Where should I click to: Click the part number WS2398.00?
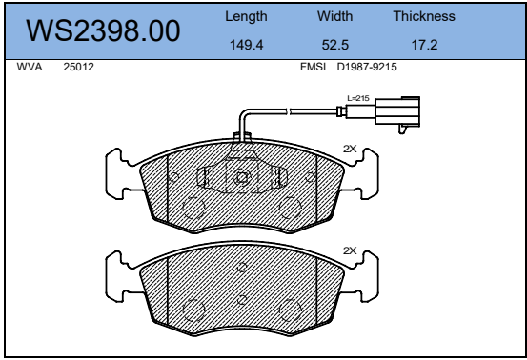103,30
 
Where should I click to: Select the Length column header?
246,16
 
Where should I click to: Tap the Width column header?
335,16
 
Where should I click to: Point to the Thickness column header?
424,16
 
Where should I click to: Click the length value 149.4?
247,45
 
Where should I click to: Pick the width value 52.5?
335,45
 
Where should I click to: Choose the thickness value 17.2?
424,45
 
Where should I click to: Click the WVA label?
30,67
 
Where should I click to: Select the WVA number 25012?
79,67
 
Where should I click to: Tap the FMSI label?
313,67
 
